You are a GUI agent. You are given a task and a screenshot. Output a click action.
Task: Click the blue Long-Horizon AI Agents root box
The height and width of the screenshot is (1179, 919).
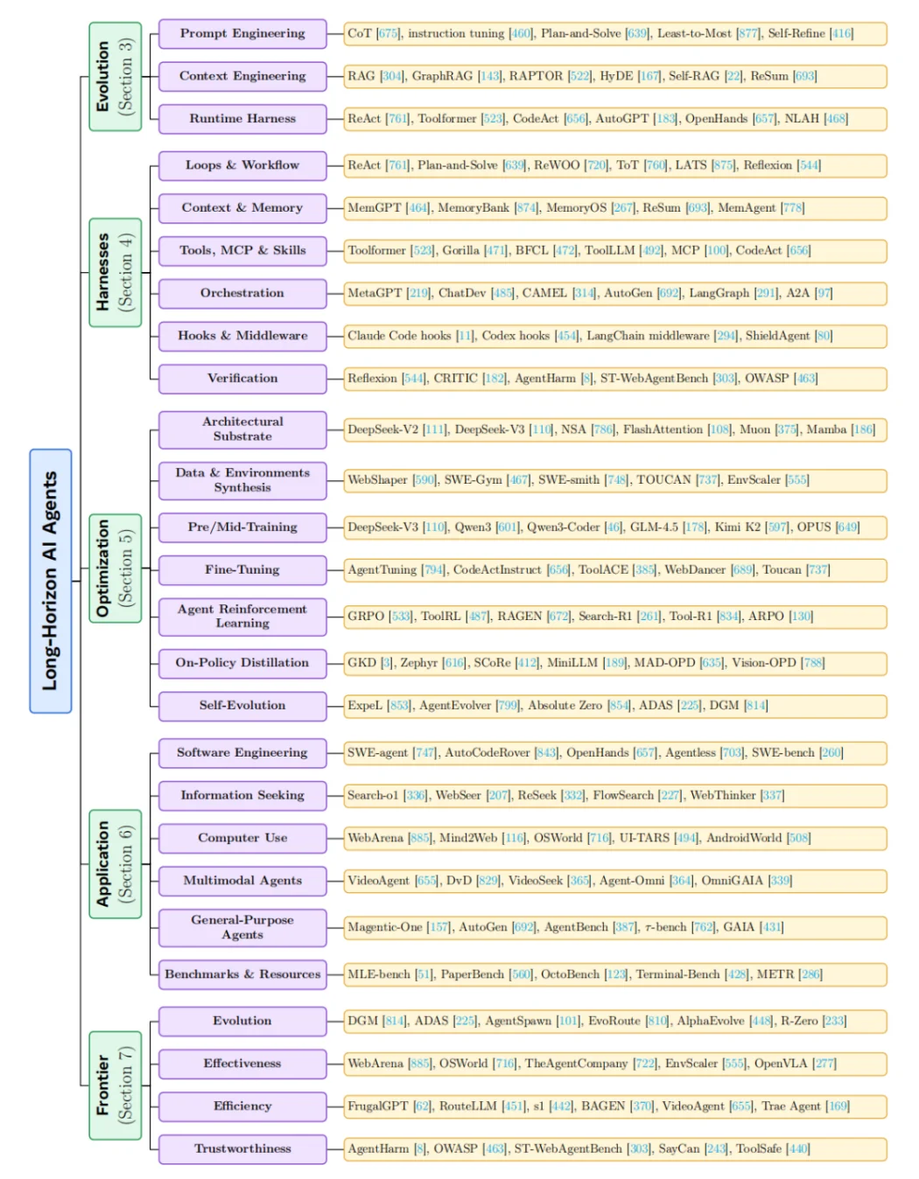[51, 581]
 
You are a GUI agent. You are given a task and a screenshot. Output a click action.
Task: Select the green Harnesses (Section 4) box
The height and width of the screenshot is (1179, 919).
[115, 272]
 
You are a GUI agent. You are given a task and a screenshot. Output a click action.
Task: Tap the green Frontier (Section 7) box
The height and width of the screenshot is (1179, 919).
[115, 1085]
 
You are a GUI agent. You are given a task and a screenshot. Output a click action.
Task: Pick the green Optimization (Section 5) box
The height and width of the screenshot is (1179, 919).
[115, 568]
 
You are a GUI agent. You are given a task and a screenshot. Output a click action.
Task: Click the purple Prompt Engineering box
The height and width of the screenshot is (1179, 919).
[242, 33]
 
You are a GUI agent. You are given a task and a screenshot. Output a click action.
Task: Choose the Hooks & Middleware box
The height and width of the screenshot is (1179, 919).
[242, 336]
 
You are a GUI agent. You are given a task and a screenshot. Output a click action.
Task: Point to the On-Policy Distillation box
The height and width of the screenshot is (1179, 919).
[242, 663]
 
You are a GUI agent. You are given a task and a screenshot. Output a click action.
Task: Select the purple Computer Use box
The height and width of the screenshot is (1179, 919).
[242, 838]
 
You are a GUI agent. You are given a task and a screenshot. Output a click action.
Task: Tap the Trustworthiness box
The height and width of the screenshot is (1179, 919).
[242, 1148]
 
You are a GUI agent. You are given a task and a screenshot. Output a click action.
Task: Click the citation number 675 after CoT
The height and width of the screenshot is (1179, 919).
[388, 33]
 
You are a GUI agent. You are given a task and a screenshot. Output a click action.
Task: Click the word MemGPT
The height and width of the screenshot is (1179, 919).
[374, 208]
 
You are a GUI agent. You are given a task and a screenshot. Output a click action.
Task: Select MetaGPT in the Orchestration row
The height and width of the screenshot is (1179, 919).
[375, 293]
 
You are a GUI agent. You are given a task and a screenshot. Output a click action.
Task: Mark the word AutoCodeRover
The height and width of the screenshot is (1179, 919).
[487, 752]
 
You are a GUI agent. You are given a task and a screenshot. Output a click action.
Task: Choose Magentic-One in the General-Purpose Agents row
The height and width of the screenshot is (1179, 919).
[385, 927]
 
